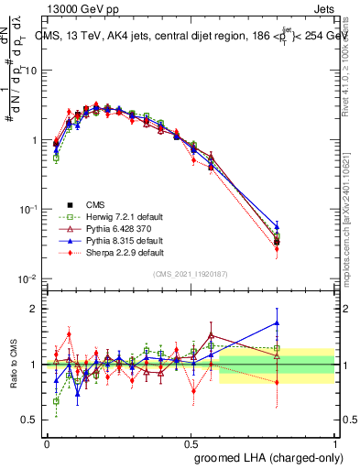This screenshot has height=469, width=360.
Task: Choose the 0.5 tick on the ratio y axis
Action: (32, 420)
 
